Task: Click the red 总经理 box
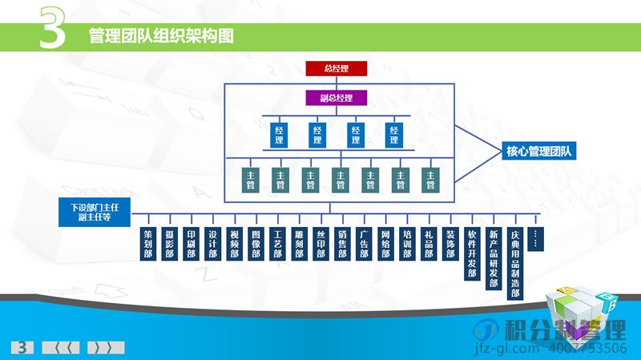pyautogui.click(x=336, y=68)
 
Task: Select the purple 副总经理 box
pyautogui.click(x=336, y=98)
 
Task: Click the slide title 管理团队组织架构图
pyautogui.click(x=161, y=36)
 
